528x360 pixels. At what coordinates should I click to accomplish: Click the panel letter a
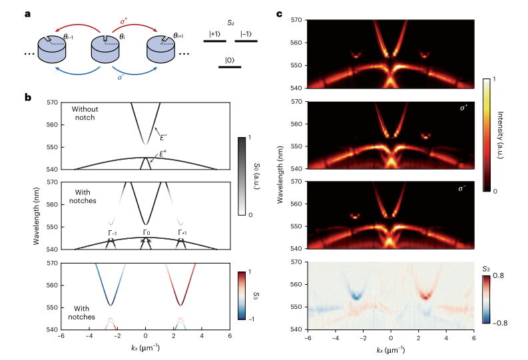click(28, 15)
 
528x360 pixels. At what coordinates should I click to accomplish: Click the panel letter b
click(28, 97)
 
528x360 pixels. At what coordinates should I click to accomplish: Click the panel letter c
click(279, 15)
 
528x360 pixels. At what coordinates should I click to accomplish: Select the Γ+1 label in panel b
click(182, 232)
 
